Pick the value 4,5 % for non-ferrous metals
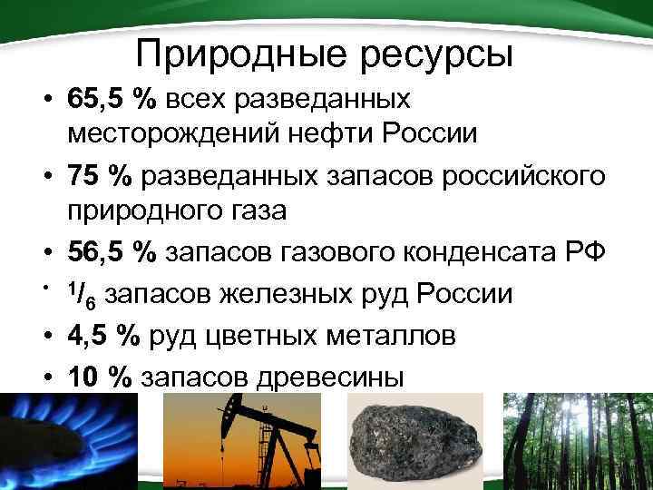(x=102, y=335)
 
